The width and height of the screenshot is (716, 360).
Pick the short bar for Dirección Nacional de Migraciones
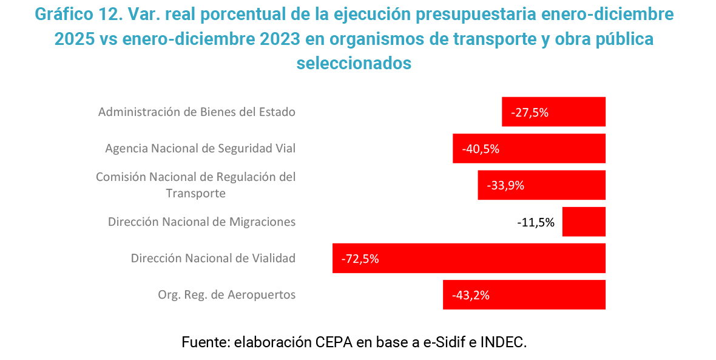click(x=584, y=222)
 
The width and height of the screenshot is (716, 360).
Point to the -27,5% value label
click(x=530, y=112)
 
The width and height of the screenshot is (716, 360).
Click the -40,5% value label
click(x=481, y=149)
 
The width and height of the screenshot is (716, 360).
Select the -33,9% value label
click(x=505, y=186)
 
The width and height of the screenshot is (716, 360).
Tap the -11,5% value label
click(x=536, y=222)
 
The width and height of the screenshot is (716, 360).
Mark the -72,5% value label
click(x=360, y=259)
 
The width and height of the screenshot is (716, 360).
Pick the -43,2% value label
click(x=471, y=296)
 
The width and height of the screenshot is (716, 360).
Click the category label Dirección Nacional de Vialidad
click(x=213, y=258)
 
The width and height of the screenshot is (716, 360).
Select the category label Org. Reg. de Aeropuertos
click(x=226, y=295)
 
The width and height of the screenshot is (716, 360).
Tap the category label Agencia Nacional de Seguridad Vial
click(x=200, y=149)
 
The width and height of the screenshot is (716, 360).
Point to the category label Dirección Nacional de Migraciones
click(x=201, y=222)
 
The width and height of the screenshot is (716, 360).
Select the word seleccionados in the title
click(x=354, y=63)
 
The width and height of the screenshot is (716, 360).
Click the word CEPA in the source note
click(x=333, y=342)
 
